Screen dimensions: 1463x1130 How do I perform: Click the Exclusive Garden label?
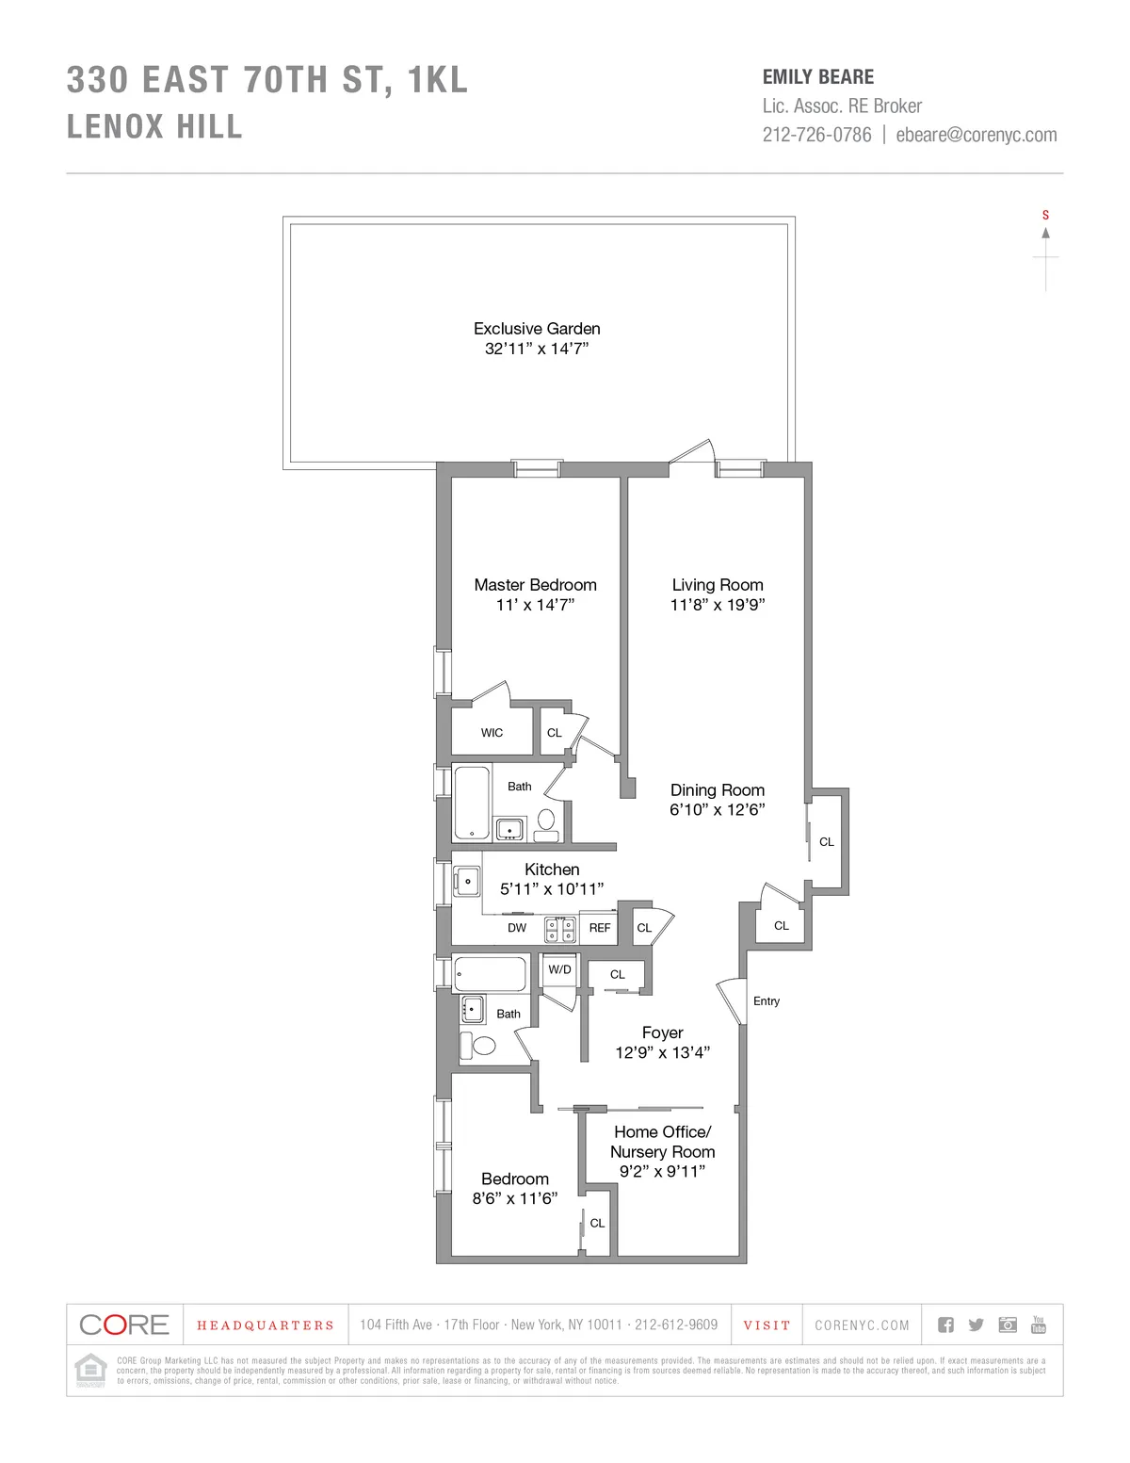537,329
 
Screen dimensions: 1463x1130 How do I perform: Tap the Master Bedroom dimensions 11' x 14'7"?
535,605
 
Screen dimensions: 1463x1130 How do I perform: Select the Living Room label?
718,585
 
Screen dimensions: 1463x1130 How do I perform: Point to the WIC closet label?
492,733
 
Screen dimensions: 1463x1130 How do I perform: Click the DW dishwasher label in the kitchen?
517,928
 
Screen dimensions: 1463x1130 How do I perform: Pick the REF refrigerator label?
600,928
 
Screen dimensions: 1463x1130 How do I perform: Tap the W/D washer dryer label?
559,969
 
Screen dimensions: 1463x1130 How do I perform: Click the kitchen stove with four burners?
561,931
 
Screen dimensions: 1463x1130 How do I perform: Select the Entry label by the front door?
767,1001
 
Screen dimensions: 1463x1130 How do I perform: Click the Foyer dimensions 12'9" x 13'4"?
662,1052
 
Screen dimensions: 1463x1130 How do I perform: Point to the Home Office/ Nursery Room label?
662,1142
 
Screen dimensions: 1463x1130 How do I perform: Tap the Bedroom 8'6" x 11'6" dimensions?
515,1198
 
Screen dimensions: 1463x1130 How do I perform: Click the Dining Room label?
718,790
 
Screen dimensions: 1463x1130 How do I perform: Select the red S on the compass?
1045,216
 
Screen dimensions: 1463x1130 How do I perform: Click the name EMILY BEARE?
818,77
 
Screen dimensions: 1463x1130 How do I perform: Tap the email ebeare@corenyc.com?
977,135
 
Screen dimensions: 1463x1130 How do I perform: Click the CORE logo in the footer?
124,1325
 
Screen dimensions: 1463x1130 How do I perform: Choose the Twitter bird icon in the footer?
977,1325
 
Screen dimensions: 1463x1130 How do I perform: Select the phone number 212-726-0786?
817,135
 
